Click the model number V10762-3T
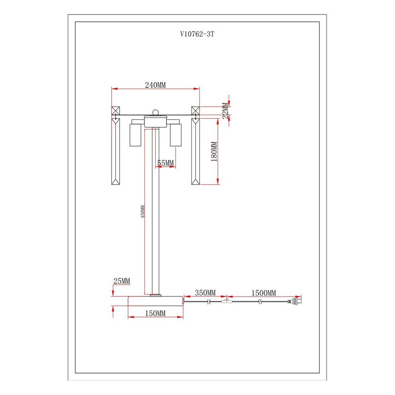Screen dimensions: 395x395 coord(197,34)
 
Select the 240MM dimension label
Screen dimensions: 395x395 coord(155,85)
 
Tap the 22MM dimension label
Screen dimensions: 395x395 coord(226,110)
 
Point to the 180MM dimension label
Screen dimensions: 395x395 coord(214,151)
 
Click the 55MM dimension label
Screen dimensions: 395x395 coord(165,163)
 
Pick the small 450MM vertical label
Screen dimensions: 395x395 coord(143,212)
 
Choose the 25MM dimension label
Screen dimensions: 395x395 coord(122,281)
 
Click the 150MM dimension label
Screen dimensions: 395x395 coord(155,313)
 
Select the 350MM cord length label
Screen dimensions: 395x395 coord(205,293)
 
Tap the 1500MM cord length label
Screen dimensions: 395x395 coord(264,293)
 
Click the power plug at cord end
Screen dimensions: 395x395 coord(294,301)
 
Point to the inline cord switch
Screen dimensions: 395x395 coord(227,301)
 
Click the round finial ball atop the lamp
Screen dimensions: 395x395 coord(156,112)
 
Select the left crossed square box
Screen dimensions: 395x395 coord(115,111)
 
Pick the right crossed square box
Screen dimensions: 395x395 coord(195,111)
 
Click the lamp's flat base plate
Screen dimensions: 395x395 coord(156,301)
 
